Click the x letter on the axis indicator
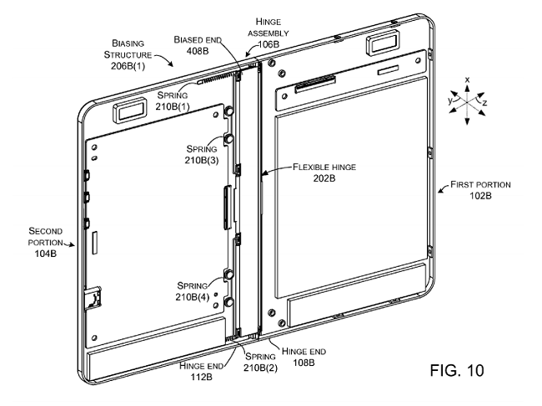click(467, 79)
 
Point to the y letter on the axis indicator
click(449, 98)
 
